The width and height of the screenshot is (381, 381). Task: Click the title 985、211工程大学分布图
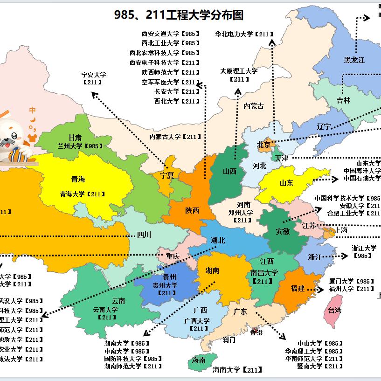[x=179, y=15]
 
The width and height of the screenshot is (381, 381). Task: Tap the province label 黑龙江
[x=354, y=60]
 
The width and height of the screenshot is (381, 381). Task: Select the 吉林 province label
[x=343, y=100]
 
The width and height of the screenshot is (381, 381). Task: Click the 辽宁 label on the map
[x=324, y=126]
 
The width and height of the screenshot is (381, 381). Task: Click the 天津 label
[x=281, y=158]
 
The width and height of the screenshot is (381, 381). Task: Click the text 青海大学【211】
[x=82, y=194]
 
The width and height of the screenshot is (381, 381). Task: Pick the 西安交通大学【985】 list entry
[x=171, y=34]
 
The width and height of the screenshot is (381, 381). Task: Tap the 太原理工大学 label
[x=239, y=71]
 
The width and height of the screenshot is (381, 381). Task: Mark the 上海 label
[x=341, y=230]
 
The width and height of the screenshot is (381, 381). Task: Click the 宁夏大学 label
[x=94, y=75]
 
